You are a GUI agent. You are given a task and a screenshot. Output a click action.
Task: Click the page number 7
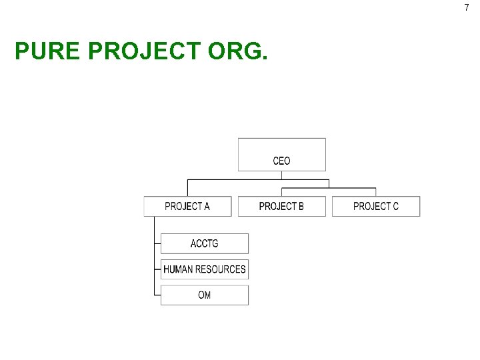coord(467,7)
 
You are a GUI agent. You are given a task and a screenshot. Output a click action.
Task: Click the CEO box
coord(282,155)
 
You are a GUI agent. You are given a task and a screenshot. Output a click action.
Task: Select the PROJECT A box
coord(187,206)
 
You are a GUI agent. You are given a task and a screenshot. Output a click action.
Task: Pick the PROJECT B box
coord(281,206)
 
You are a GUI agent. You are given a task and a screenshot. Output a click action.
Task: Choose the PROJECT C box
coord(376,206)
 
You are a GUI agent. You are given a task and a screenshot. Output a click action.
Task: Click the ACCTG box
coord(204,243)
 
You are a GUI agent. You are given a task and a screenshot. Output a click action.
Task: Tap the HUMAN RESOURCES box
coord(204,269)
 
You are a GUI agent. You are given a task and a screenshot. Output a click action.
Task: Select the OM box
coord(204,295)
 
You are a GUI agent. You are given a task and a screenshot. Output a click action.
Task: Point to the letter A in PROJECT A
coord(207,206)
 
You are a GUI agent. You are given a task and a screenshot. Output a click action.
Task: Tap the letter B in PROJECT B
coord(301,206)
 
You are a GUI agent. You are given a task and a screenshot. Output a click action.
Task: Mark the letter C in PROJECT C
coord(395,206)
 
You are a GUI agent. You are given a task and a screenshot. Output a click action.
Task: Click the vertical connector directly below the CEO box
coord(282,175)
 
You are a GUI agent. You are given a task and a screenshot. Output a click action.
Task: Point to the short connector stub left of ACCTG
coord(157,243)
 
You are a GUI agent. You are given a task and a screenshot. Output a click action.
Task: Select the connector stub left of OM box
coord(157,295)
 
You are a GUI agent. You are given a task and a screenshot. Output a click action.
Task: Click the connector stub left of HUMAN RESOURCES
coord(157,269)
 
